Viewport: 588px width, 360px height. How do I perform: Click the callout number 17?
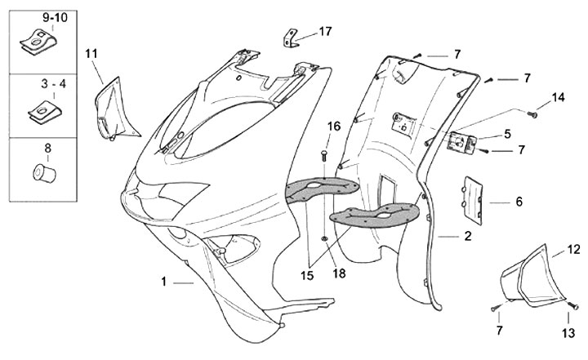tap(325, 32)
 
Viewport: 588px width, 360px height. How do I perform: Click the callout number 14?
tap(558, 98)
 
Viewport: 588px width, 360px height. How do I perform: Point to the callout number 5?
tap(508, 133)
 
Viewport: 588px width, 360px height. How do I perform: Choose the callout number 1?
tap(164, 282)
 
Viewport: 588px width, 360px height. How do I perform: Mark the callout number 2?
tap(468, 237)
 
